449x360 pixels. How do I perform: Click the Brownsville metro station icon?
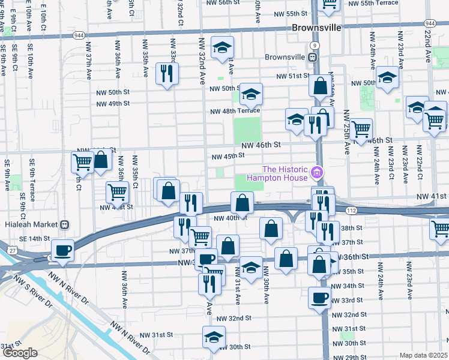[x=313, y=58]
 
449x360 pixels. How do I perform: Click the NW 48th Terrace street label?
[x=235, y=111]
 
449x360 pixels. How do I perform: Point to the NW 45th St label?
[x=227, y=156]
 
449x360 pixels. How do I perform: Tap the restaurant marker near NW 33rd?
[x=166, y=73]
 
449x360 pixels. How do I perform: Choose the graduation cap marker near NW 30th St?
[x=213, y=337]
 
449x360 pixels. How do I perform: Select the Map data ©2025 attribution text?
[x=424, y=355]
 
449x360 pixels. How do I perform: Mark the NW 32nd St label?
[x=234, y=318]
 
